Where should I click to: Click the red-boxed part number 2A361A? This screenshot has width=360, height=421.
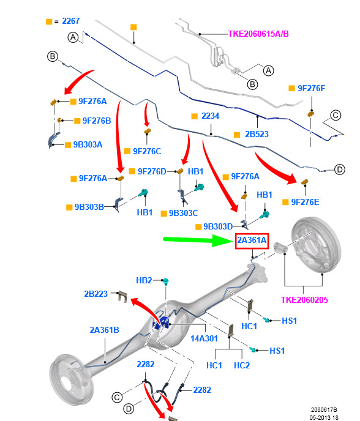click(x=252, y=240)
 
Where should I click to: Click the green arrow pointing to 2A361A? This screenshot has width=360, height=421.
click(x=198, y=240)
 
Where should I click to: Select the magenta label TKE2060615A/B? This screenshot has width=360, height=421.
click(x=258, y=34)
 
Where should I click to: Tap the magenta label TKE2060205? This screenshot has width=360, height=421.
click(x=304, y=300)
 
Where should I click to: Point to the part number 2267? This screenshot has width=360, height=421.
click(x=71, y=21)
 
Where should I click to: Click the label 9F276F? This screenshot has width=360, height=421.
click(x=312, y=88)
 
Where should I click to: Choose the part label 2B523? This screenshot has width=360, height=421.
click(x=257, y=134)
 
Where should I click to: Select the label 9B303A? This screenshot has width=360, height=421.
click(x=88, y=144)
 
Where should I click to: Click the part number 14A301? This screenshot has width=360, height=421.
click(x=204, y=338)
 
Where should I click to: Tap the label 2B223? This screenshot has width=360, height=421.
click(x=96, y=294)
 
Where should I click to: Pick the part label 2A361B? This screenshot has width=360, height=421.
click(x=104, y=330)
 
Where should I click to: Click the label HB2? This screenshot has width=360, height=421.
click(x=144, y=280)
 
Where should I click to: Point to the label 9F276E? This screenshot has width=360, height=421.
click(x=305, y=202)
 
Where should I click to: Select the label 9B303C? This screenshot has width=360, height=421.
click(x=184, y=213)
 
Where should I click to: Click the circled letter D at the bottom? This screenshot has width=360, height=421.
click(x=129, y=409)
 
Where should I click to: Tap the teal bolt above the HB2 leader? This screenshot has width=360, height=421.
click(x=165, y=281)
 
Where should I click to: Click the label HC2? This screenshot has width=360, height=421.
click(x=242, y=365)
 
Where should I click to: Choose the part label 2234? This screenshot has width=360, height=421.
click(x=211, y=116)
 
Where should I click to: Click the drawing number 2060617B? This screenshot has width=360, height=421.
click(x=324, y=410)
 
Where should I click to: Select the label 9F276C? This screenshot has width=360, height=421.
click(x=147, y=151)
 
